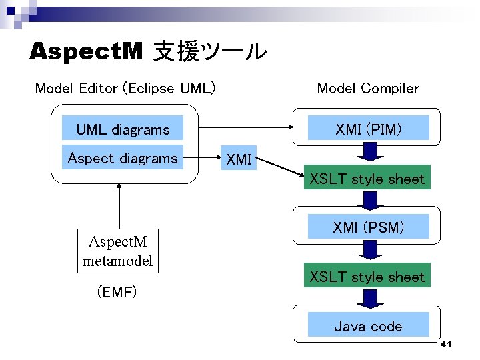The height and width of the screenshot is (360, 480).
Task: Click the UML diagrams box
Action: [x=123, y=129]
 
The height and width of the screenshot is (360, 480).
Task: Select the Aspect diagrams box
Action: [x=123, y=158]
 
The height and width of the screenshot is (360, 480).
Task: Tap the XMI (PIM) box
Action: [x=368, y=129]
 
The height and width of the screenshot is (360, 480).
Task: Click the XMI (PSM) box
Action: [x=368, y=227]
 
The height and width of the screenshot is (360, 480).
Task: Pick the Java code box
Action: [x=368, y=326]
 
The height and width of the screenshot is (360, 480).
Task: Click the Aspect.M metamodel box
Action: [x=117, y=250]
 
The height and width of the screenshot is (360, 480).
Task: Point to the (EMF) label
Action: [x=117, y=291]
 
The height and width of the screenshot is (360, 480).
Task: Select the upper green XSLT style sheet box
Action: [x=367, y=179]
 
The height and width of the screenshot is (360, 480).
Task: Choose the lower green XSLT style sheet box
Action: [x=367, y=276]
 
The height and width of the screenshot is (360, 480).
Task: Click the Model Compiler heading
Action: [x=368, y=88]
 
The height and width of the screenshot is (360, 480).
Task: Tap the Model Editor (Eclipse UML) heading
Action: [x=125, y=88]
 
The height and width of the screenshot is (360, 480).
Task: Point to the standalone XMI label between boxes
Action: [x=239, y=159]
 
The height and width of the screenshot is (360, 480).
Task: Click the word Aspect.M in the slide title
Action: [x=86, y=51]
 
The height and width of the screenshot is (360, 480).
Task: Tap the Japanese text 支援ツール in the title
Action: [x=209, y=51]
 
